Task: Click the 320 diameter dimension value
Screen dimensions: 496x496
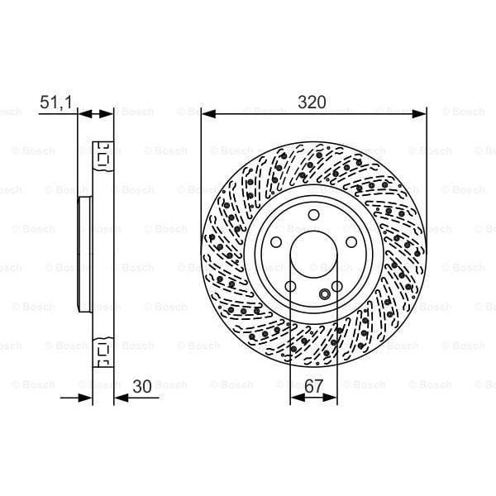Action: point(312,102)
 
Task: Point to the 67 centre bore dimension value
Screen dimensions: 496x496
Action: point(314,384)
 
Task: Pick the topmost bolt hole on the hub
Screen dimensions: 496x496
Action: point(313,216)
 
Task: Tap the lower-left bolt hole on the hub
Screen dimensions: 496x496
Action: point(290,285)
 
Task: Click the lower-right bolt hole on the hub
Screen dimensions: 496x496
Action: point(336,285)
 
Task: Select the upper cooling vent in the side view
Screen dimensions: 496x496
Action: point(103,155)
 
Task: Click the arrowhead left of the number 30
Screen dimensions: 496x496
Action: point(118,397)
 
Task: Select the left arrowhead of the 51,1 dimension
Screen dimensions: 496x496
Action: point(83,114)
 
